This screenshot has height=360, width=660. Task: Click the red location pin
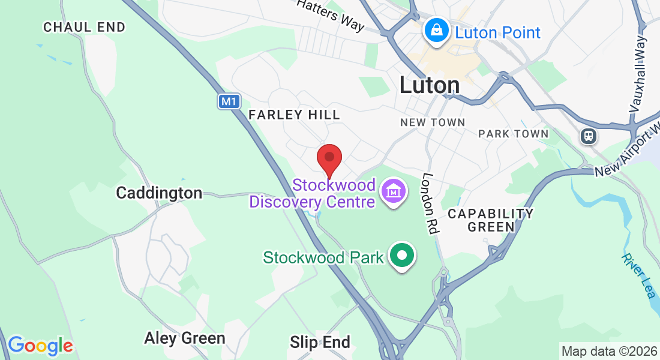329,158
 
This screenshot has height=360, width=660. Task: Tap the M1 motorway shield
228,101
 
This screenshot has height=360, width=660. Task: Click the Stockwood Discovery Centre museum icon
395,193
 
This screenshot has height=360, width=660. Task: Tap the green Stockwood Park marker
403,256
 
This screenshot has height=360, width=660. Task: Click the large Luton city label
430,85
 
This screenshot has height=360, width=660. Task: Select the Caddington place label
159,193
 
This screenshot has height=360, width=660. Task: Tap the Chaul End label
85,27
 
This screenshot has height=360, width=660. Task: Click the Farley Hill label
294,114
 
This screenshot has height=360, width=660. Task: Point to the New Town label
433,122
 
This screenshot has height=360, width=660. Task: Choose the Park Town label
513,134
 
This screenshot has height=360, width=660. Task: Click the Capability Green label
491,220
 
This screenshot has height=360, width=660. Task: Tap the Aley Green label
184,338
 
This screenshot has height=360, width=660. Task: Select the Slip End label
320,343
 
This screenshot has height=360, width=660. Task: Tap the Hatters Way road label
331,14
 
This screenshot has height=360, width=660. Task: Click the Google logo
40,346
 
